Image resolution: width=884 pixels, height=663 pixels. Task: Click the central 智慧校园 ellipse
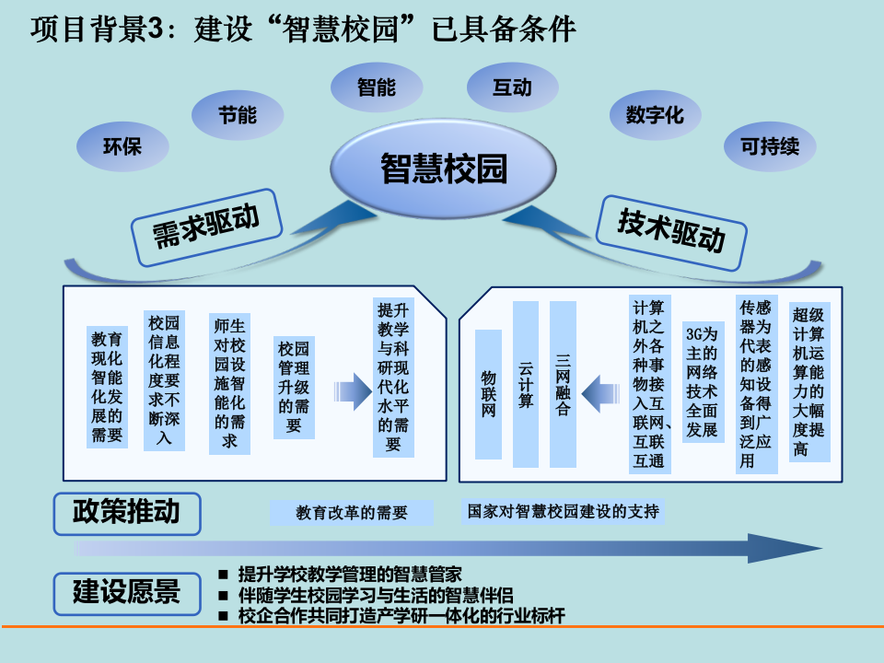(444, 169)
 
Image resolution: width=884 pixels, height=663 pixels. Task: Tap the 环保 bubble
(122, 145)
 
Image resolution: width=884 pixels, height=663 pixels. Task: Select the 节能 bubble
(238, 115)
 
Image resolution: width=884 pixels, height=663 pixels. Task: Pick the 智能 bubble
(376, 87)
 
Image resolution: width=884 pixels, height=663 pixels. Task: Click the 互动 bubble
(512, 87)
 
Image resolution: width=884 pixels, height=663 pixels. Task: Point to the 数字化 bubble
(654, 115)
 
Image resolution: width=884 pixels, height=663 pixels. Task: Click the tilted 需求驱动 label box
(205, 224)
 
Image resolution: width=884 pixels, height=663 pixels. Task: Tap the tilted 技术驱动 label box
(671, 230)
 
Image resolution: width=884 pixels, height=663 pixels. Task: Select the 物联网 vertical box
(489, 394)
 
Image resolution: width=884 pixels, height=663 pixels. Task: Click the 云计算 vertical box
(526, 384)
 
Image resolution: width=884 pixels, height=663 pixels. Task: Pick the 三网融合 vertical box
(563, 384)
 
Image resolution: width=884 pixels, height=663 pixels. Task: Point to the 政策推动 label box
(126, 512)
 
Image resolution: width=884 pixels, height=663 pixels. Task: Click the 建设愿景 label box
(126, 590)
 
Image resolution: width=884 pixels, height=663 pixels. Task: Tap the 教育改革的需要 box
(352, 513)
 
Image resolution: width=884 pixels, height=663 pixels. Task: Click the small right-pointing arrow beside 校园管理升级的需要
(351, 390)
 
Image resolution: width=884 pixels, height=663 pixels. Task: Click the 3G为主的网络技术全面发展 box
(702, 382)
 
